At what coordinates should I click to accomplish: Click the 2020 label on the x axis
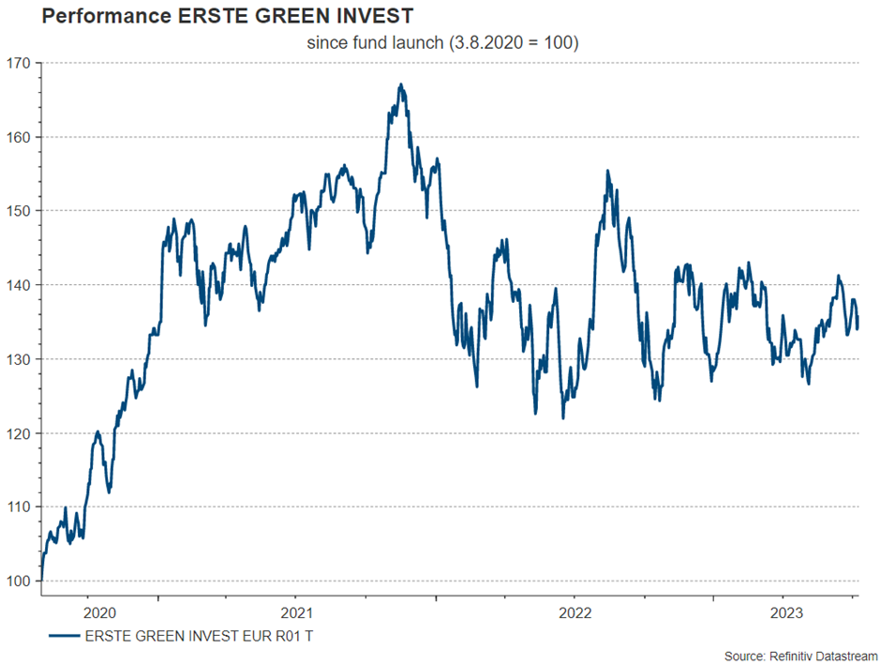click(x=99, y=612)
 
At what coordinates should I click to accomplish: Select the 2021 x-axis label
click(x=296, y=612)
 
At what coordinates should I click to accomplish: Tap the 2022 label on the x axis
click(x=574, y=612)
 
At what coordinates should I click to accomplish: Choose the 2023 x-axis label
click(x=785, y=612)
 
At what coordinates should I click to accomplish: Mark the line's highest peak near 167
click(x=400, y=84)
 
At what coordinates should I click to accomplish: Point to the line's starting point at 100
click(x=42, y=581)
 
